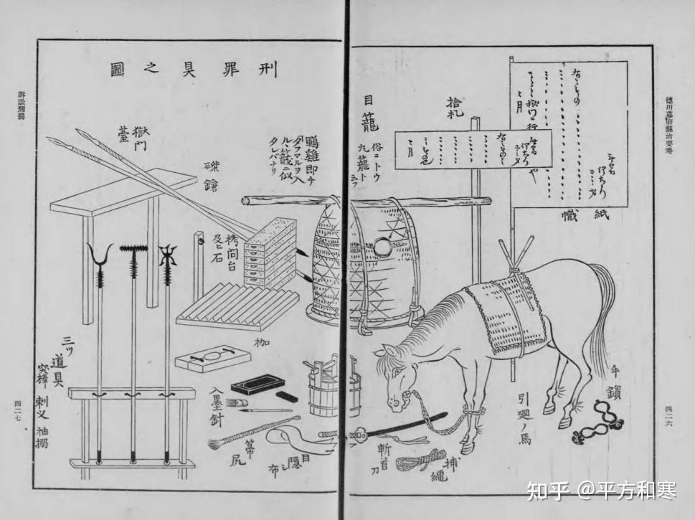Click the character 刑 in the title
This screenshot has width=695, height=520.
[265, 69]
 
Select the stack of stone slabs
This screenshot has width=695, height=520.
[270, 251]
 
